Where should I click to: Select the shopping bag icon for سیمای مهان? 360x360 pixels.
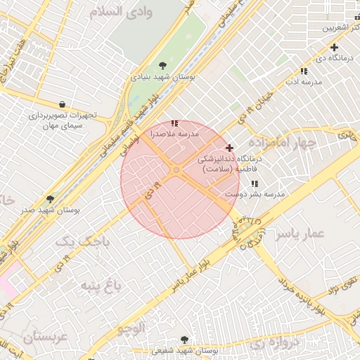63,104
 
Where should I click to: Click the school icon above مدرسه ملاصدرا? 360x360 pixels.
174,123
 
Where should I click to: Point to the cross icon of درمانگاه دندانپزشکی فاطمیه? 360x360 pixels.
229,148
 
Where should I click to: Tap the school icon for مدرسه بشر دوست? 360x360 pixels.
255,184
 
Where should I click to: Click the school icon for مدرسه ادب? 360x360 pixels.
304,71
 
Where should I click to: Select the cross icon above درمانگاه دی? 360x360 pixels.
334,48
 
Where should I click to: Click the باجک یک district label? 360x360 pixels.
84,241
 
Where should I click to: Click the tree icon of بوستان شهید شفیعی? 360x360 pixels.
184,340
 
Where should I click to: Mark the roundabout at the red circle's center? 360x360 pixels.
176,170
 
